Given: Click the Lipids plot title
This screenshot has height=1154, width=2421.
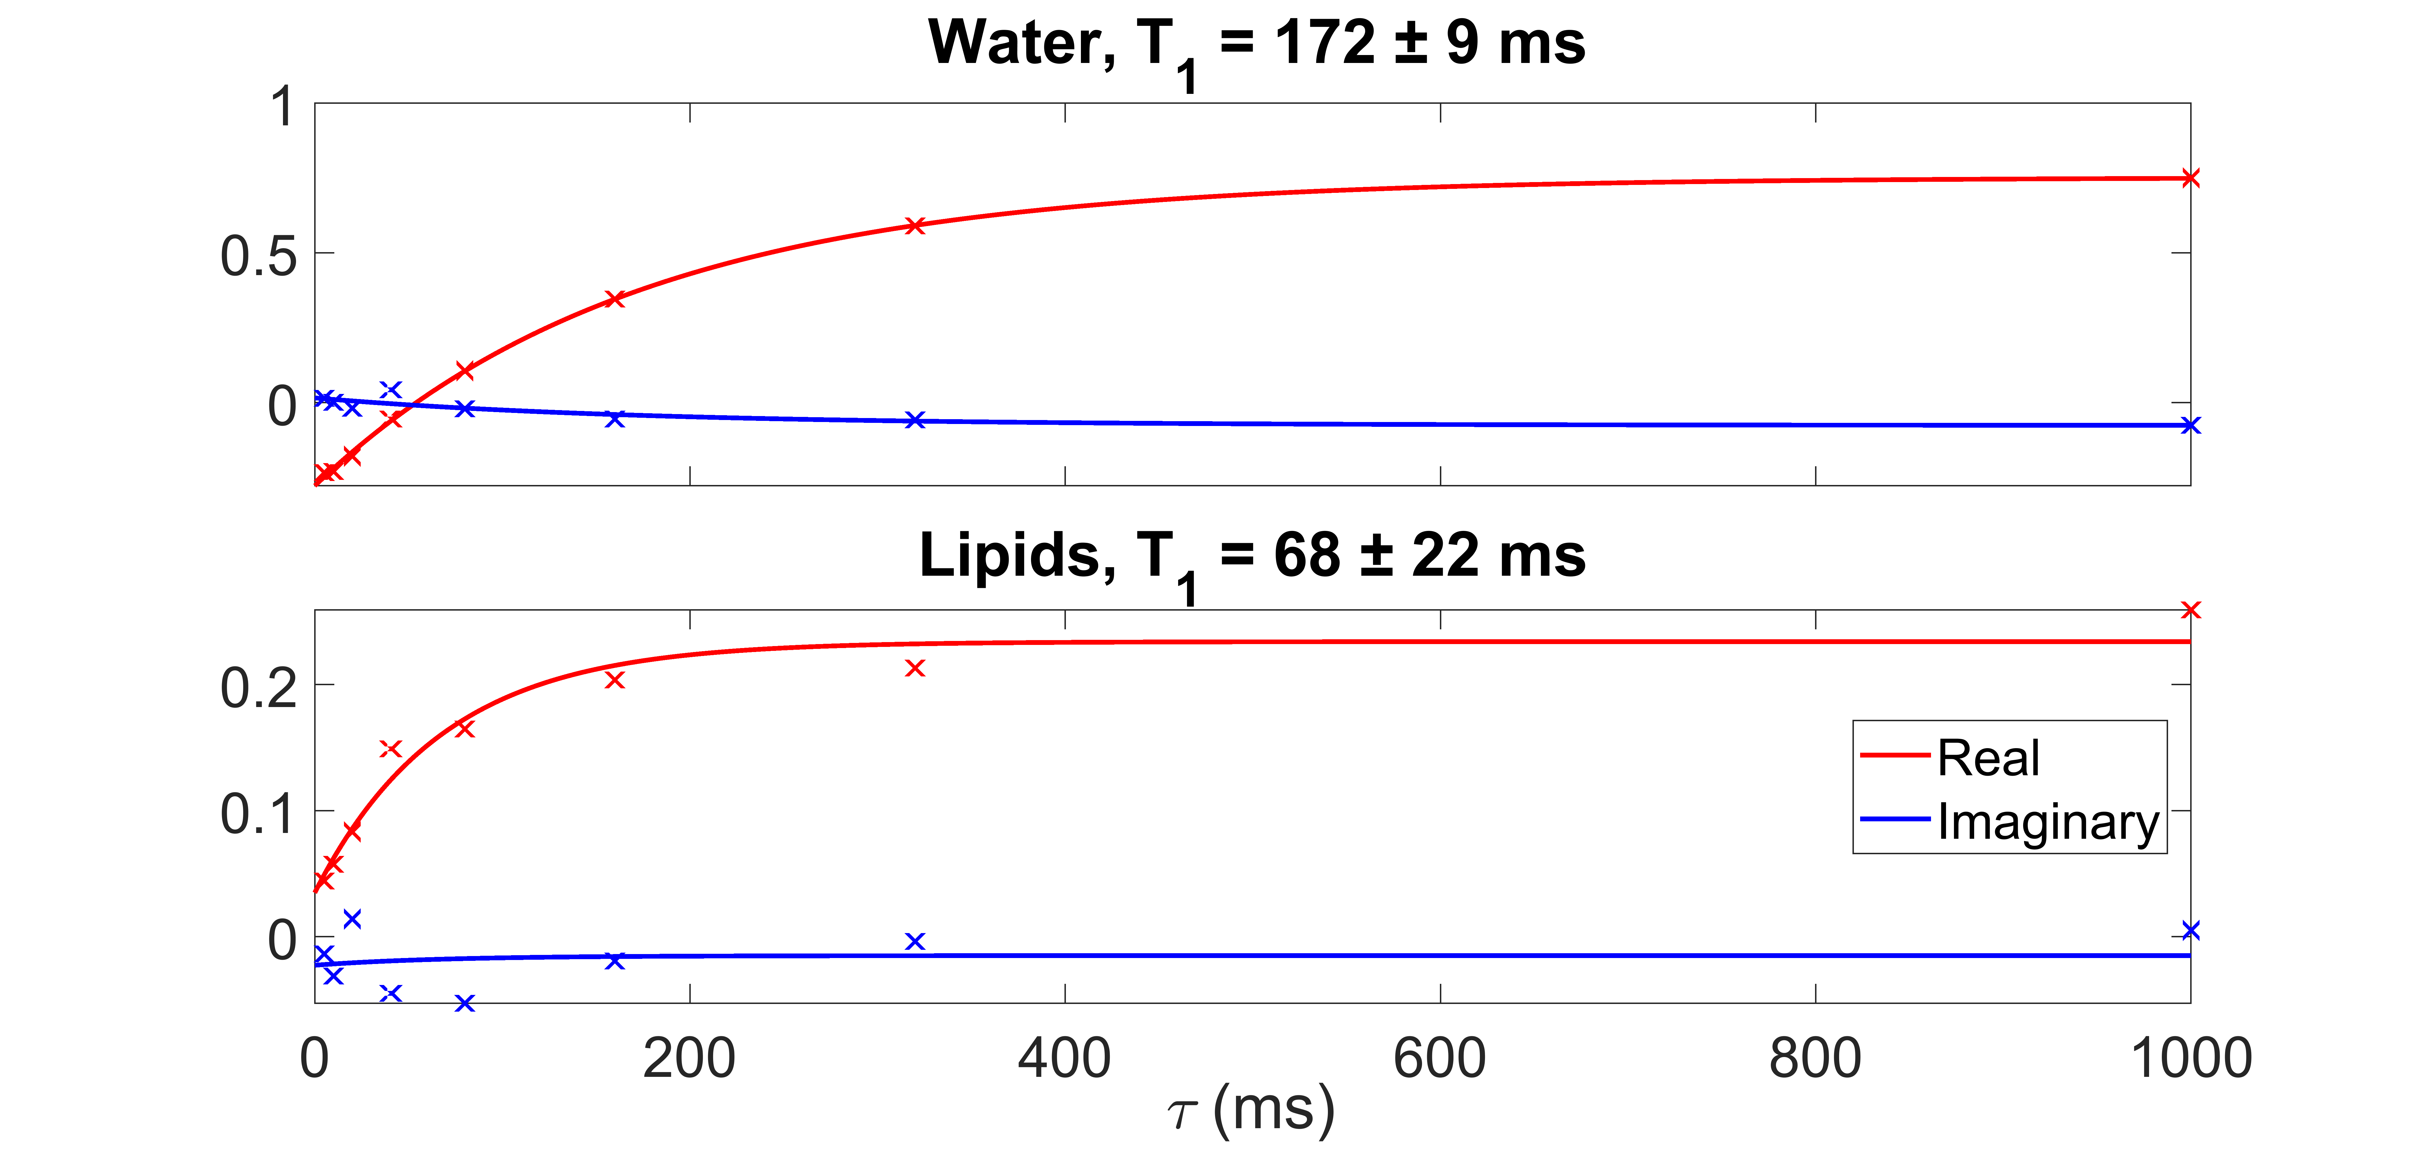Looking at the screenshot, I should click(x=1252, y=556).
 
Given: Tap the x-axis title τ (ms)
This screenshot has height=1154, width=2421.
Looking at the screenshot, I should click(x=1250, y=1111).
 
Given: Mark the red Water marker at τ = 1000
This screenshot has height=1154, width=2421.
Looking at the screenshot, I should click(x=2190, y=178).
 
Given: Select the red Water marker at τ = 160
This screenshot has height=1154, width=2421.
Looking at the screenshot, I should click(x=615, y=299).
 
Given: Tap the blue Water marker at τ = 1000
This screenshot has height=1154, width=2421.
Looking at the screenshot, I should click(x=2190, y=426).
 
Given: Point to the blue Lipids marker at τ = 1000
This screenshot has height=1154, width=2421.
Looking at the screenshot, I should click(x=2190, y=930).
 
